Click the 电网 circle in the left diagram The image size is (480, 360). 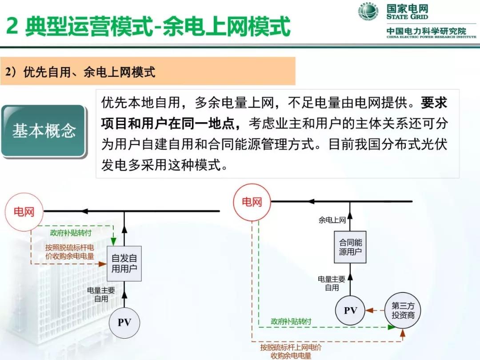tap(24, 212)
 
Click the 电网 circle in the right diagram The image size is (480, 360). tap(252, 203)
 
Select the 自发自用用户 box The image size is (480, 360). tap(124, 263)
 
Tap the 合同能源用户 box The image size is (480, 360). tap(350, 248)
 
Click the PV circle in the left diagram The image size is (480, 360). tap(124, 323)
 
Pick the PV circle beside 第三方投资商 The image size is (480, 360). tap(350, 311)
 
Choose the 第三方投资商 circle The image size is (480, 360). tap(403, 311)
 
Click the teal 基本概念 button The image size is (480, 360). tap(44, 131)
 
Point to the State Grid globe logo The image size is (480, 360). tap(368, 12)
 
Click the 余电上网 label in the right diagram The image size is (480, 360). tap(332, 220)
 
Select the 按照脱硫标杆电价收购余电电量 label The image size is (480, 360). tap(69, 252)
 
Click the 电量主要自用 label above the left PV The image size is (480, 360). tap(101, 295)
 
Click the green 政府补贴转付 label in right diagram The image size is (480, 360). tap(291, 321)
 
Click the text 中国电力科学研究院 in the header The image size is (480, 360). tap(426, 31)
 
